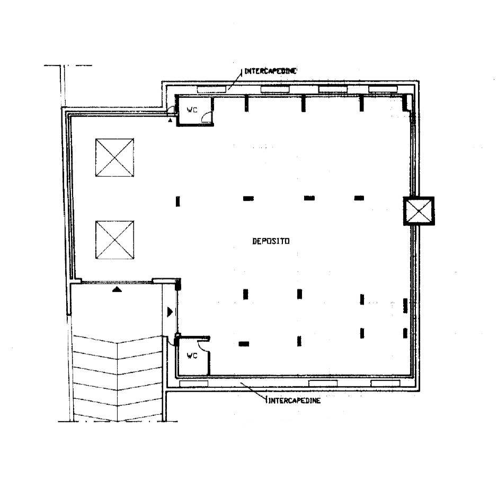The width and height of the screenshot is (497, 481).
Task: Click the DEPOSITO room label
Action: point(271,241)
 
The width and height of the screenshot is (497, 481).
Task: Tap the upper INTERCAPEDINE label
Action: point(270,71)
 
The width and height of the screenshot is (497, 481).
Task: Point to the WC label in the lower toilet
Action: point(192,356)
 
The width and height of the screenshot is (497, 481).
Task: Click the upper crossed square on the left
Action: point(114,158)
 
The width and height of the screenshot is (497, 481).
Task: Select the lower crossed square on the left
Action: point(114,240)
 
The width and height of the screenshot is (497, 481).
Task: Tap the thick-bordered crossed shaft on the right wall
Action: point(419,211)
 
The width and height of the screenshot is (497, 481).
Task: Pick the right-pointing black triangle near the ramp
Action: point(170,312)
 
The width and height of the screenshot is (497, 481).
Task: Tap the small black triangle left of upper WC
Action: point(170,121)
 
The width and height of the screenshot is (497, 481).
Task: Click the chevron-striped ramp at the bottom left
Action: point(117,378)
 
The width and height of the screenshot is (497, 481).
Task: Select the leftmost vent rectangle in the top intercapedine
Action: point(213,88)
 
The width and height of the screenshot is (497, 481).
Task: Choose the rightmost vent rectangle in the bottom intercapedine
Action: point(385,383)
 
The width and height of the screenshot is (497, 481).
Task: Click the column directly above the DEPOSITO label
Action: point(248,198)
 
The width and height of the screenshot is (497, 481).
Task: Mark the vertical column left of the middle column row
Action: point(178,201)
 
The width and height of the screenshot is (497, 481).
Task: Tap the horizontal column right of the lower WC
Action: point(244,343)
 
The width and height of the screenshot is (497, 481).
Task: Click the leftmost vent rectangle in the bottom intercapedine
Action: point(193,383)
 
